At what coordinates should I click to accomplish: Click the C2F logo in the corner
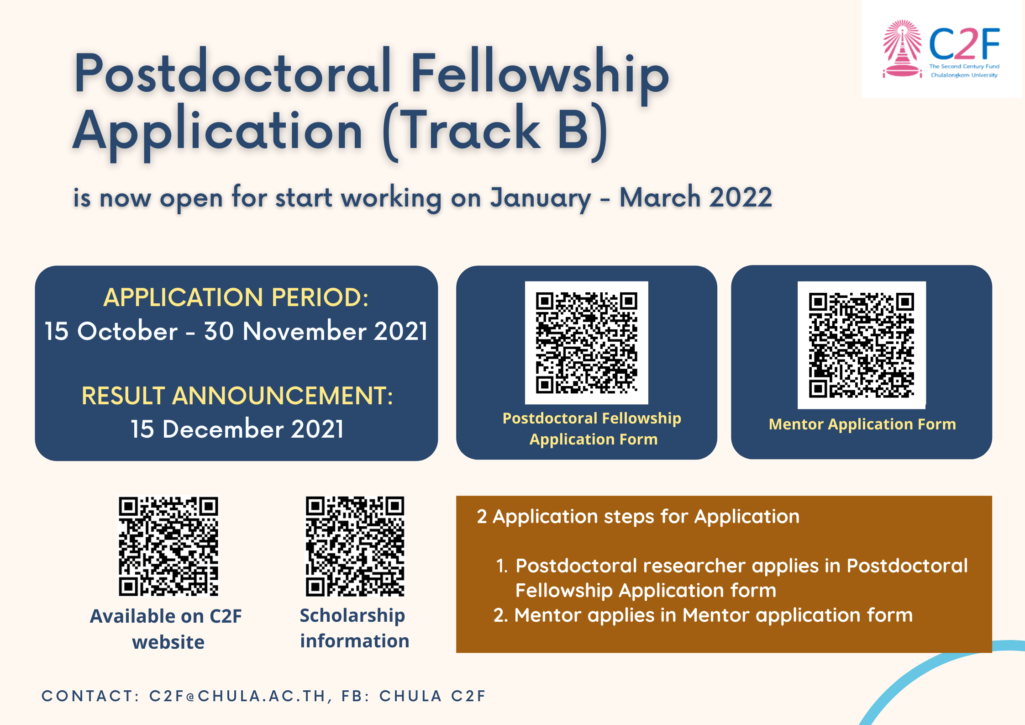click(941, 49)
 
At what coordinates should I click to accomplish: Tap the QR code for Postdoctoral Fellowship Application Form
click(587, 343)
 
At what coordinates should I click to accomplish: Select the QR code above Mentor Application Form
click(862, 345)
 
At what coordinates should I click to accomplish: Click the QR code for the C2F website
click(168, 546)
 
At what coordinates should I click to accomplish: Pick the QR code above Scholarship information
click(355, 546)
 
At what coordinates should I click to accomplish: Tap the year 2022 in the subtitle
click(741, 198)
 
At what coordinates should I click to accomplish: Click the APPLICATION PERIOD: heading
click(236, 297)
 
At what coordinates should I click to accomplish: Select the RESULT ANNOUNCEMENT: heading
click(237, 396)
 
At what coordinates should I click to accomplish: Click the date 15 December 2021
click(237, 429)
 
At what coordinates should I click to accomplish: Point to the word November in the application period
click(305, 331)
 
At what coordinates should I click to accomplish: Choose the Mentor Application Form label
click(862, 424)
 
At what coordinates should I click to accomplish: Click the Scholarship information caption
click(354, 628)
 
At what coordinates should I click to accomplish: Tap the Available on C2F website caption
click(166, 629)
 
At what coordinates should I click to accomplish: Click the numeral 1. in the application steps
click(502, 566)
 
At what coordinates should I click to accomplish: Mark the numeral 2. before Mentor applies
click(501, 615)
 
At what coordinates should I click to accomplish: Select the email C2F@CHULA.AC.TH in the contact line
click(237, 696)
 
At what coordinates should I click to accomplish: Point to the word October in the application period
click(127, 331)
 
